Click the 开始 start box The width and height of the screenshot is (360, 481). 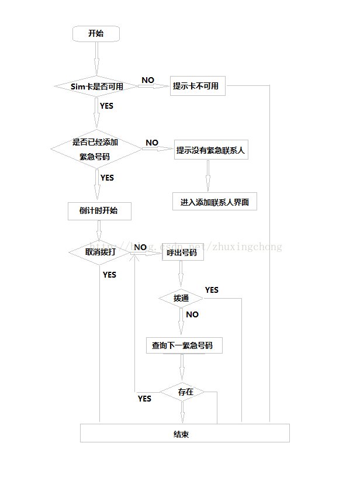click(96, 33)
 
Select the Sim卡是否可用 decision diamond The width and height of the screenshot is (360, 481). click(96, 86)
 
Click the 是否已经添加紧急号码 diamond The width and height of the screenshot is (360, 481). click(96, 149)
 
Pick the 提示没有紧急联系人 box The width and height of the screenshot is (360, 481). click(211, 150)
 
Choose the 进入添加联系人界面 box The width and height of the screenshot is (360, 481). click(214, 202)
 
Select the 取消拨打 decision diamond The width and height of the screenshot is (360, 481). click(100, 252)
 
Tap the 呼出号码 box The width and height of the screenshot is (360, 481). click(181, 254)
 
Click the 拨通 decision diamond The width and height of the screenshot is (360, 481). click(181, 299)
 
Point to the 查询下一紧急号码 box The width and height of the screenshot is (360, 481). click(182, 345)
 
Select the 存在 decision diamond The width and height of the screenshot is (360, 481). click(185, 392)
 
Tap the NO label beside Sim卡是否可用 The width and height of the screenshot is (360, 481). click(148, 80)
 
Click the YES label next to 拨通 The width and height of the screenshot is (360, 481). click(212, 290)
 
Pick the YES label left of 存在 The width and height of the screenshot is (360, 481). click(144, 399)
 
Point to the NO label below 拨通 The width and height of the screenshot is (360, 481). click(192, 314)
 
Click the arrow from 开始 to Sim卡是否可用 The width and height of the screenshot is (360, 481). click(96, 58)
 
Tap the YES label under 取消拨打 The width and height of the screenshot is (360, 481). click(109, 275)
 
